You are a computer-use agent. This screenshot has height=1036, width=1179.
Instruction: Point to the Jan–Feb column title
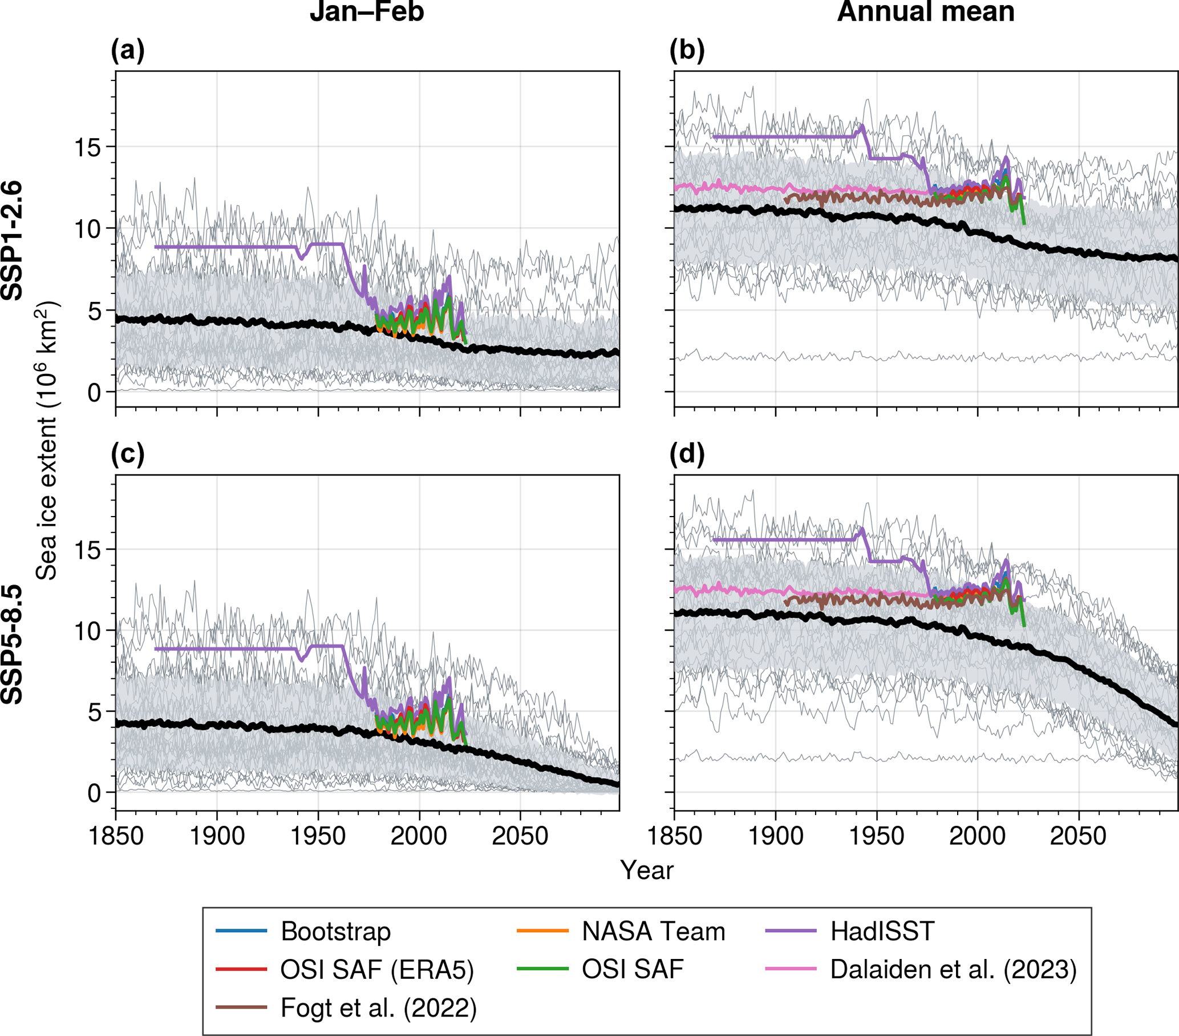(x=367, y=11)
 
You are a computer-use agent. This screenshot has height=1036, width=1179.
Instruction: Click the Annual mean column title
(x=926, y=11)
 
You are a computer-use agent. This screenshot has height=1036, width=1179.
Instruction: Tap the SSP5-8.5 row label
(x=13, y=644)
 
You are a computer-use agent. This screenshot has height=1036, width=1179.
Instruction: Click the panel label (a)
(x=127, y=51)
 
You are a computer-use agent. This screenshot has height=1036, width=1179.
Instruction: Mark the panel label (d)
(x=687, y=455)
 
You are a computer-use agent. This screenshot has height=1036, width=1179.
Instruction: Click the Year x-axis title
(x=647, y=870)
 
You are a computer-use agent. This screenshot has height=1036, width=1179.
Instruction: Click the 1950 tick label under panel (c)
(x=318, y=836)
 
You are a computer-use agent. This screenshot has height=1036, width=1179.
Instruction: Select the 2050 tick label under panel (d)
(x=1078, y=836)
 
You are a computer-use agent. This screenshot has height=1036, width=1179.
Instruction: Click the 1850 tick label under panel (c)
(x=116, y=836)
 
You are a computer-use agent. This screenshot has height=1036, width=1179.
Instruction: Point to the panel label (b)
(x=687, y=51)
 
